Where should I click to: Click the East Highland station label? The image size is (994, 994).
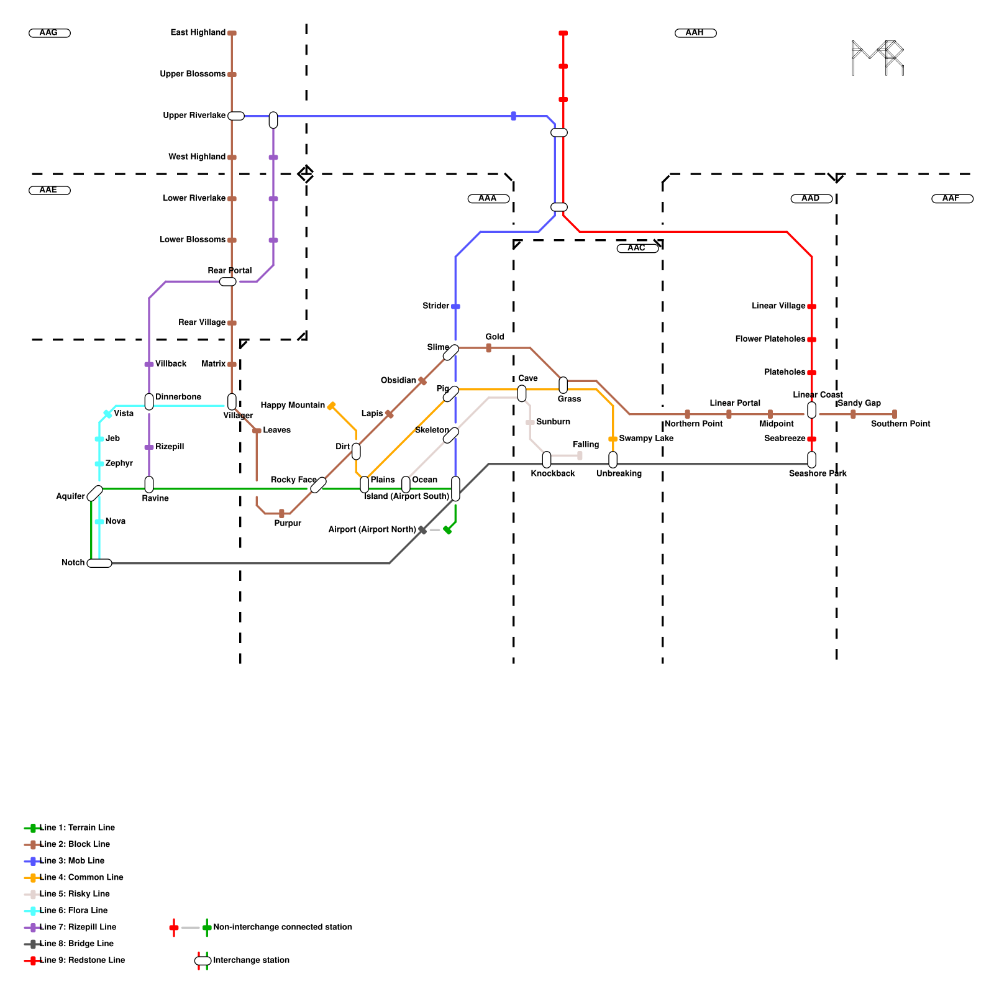(x=198, y=33)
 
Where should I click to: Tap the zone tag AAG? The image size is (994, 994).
(x=50, y=33)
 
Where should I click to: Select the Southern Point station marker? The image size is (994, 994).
(x=895, y=414)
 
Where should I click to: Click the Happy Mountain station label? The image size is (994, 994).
(x=292, y=406)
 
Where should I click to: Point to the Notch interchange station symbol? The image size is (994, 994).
(x=99, y=563)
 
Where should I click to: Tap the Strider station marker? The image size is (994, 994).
(x=455, y=306)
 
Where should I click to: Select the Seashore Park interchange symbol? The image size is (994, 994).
(x=811, y=460)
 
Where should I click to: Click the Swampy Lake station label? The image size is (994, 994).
(x=646, y=439)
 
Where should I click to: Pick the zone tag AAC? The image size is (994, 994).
(x=637, y=248)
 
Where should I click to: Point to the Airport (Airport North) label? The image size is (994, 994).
(x=372, y=530)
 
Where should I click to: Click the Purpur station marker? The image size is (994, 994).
(x=281, y=514)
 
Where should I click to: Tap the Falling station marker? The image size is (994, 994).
(x=580, y=456)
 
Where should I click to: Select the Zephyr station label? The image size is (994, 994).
(x=119, y=463)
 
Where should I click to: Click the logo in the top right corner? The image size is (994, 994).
(x=877, y=58)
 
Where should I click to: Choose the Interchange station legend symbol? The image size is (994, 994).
(x=203, y=961)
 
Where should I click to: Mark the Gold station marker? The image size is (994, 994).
(x=488, y=348)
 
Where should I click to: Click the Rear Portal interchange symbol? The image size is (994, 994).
(x=228, y=281)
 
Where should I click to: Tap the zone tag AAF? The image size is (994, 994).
(x=952, y=199)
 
